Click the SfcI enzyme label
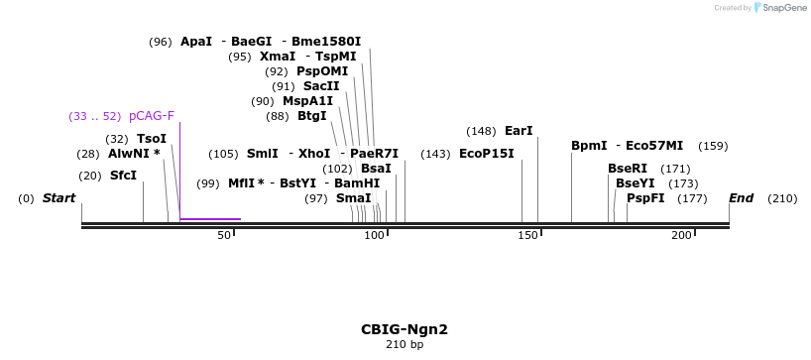click(x=123, y=176)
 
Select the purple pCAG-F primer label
click(x=152, y=116)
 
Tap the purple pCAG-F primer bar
click(x=210, y=218)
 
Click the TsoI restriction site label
click(x=152, y=139)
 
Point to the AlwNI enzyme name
click(x=134, y=154)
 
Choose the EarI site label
click(x=519, y=131)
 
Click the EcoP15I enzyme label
click(x=487, y=154)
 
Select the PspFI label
click(x=645, y=198)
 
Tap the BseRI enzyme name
click(x=628, y=169)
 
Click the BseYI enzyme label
click(x=636, y=183)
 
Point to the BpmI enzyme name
click(x=589, y=146)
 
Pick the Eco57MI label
click(x=654, y=146)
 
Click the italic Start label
click(x=58, y=198)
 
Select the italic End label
click(x=742, y=198)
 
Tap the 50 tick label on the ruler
click(x=225, y=235)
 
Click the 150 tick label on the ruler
click(x=528, y=235)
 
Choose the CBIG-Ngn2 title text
click(x=405, y=329)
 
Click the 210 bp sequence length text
click(x=405, y=345)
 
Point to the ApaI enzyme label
click(x=196, y=42)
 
